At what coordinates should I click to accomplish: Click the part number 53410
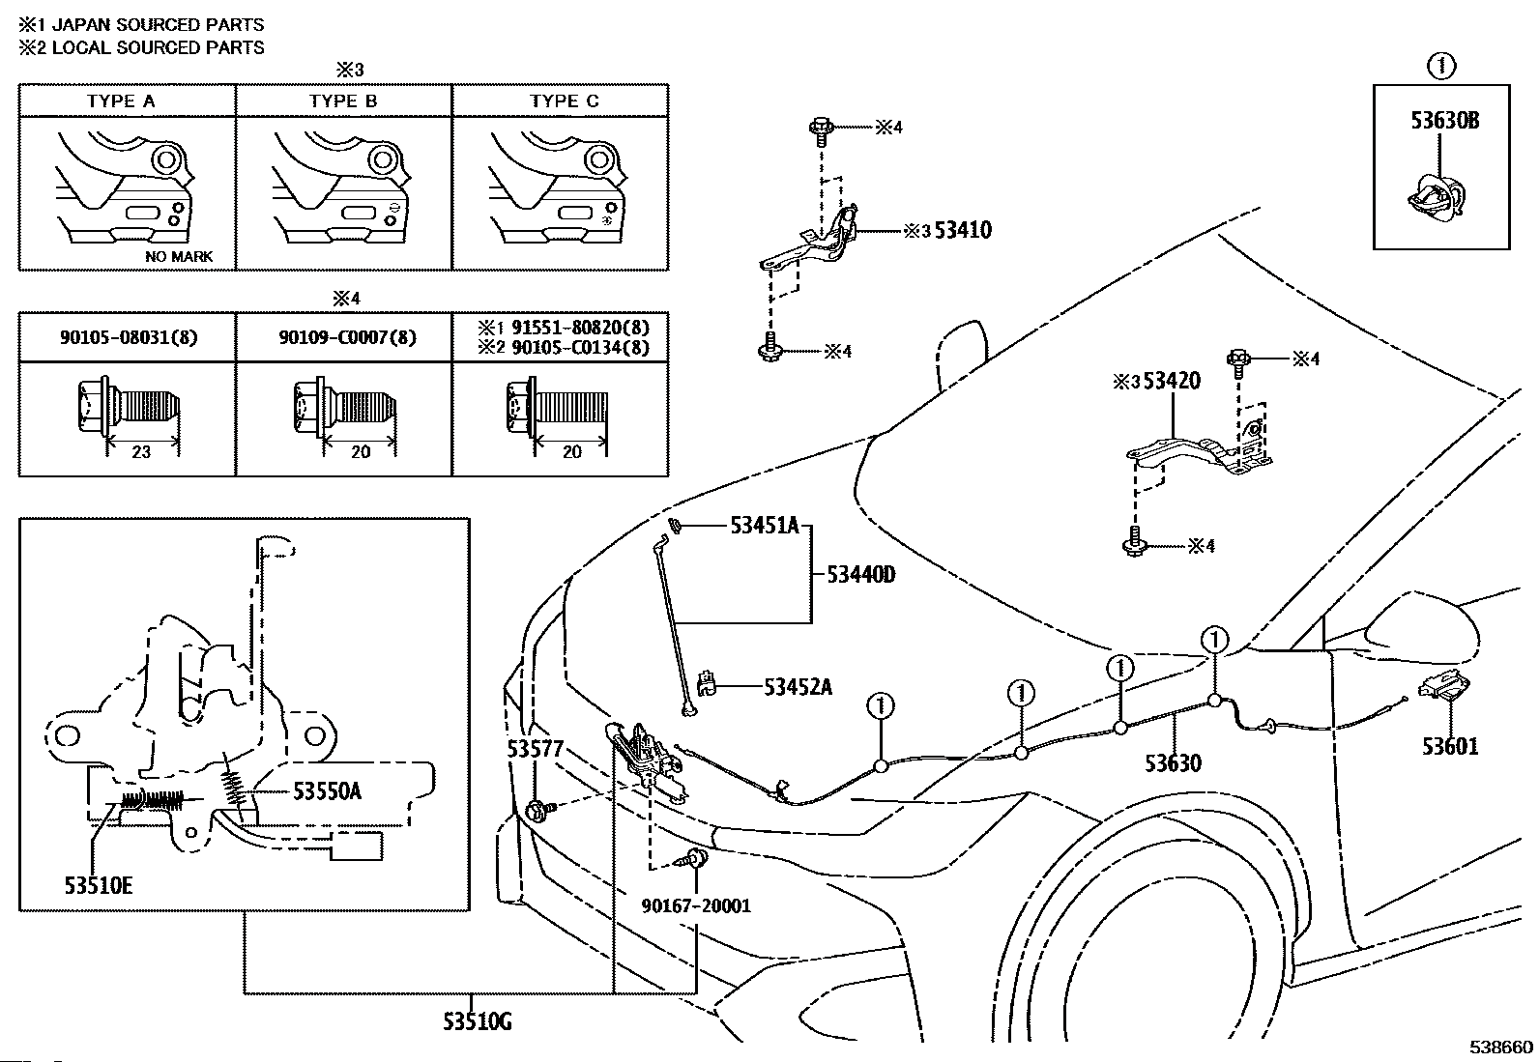pos(963,230)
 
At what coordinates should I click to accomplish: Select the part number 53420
pos(1172,381)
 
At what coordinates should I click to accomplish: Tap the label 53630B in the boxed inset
pos(1444,121)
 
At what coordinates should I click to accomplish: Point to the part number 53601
pos(1450,746)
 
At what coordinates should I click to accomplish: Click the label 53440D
pos(860,574)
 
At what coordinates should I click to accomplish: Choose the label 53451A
pos(764,527)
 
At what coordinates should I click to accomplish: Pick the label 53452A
pos(798,687)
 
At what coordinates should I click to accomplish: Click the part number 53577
pos(535,748)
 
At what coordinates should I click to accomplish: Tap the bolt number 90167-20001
pos(696,906)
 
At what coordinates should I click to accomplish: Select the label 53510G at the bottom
pos(477,1021)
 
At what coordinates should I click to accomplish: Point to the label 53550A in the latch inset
pos(327,791)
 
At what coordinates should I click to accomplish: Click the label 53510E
pos(99,885)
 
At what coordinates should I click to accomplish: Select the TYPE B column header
pos(343,100)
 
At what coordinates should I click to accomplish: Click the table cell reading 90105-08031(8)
pos(129,337)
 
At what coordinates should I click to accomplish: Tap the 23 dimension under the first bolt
pos(141,452)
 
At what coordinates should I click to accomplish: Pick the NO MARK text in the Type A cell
pos(179,256)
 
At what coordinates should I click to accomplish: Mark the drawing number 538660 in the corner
pos(1501,1047)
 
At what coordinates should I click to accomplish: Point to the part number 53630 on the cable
pos(1173,763)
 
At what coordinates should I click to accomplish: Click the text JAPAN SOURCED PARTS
pos(158,25)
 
